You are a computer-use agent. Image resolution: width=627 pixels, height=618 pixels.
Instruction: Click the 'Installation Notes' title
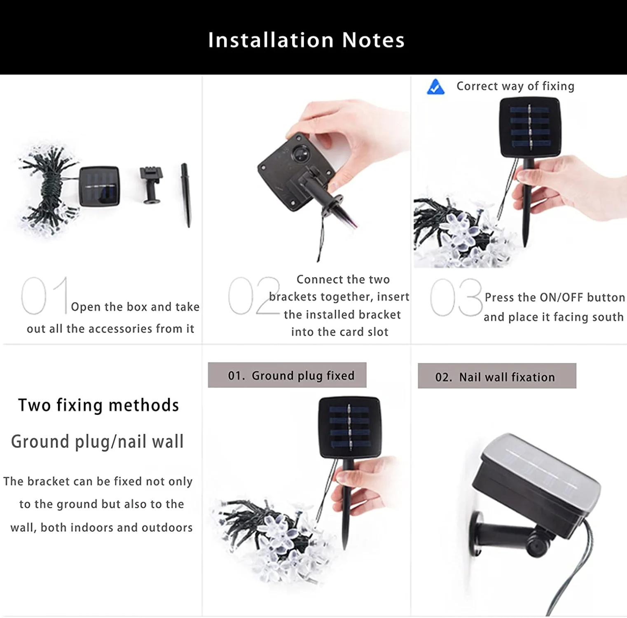pyautogui.click(x=306, y=40)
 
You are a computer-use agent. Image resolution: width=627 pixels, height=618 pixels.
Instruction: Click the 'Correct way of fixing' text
pyautogui.click(x=515, y=86)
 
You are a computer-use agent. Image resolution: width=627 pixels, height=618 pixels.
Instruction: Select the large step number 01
pyautogui.click(x=44, y=295)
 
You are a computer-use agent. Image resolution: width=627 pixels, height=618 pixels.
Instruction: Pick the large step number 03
pyautogui.click(x=456, y=297)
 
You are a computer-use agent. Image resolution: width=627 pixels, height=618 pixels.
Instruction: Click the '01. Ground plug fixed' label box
pyautogui.click(x=287, y=375)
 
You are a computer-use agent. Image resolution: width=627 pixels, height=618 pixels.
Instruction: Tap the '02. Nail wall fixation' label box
pyautogui.click(x=496, y=376)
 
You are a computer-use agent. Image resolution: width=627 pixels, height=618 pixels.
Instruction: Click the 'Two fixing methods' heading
pyautogui.click(x=98, y=405)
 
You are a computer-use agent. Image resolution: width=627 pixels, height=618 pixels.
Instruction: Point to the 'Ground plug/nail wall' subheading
pyautogui.click(x=97, y=442)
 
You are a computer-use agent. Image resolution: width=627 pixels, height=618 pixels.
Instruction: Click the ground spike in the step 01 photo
pyautogui.click(x=186, y=194)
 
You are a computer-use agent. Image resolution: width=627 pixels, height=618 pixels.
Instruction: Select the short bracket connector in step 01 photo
pyautogui.click(x=151, y=185)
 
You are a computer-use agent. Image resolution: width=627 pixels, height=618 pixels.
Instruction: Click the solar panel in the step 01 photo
pyautogui.click(x=100, y=186)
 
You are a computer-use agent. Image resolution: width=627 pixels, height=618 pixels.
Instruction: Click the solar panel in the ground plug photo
pyautogui.click(x=349, y=427)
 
